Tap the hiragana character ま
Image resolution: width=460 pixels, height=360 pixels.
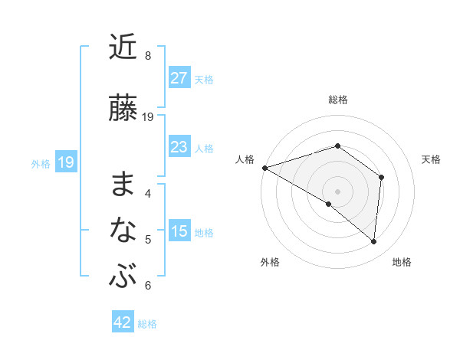(x=123, y=184)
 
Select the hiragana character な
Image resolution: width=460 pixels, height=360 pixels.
(x=123, y=229)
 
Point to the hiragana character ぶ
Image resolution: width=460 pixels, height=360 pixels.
(x=123, y=275)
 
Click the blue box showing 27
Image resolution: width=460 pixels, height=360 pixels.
(x=179, y=78)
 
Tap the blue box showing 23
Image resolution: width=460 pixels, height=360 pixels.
(x=179, y=147)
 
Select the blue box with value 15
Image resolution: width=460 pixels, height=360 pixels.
(x=179, y=232)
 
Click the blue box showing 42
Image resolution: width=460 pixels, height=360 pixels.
(x=123, y=323)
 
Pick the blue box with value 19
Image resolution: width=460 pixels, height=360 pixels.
(x=65, y=162)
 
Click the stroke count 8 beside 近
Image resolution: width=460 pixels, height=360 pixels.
(x=147, y=56)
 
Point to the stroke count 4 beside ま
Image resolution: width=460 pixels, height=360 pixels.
(x=147, y=193)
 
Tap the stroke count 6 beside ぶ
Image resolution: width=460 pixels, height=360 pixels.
(x=147, y=285)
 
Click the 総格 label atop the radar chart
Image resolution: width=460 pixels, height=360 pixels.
(x=337, y=100)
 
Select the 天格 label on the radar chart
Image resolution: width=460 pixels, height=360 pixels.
(x=431, y=159)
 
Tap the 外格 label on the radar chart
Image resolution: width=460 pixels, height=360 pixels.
(x=270, y=262)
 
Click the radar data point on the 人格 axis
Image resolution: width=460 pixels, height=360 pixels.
(x=264, y=167)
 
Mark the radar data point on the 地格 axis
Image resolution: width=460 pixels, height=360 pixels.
(x=374, y=241)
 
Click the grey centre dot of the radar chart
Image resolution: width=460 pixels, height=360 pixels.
(x=337, y=191)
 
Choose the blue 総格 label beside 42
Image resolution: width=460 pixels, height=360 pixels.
(x=147, y=324)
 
